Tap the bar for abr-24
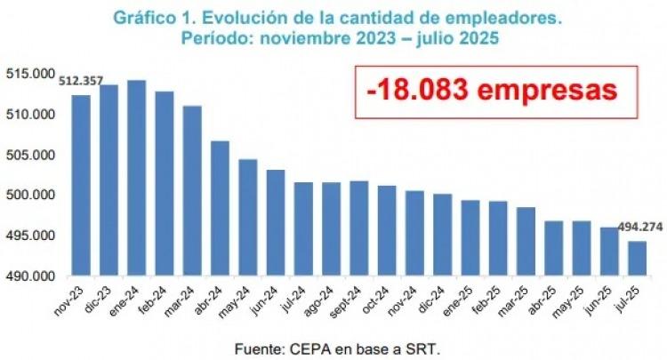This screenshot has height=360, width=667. (x=220, y=208)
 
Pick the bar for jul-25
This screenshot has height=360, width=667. (x=637, y=259)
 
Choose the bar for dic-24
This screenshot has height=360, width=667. (x=442, y=235)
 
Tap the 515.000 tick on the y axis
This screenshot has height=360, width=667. (x=29, y=74)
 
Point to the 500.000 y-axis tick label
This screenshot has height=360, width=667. (x=29, y=196)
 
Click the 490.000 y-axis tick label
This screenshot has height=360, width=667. (x=29, y=276)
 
